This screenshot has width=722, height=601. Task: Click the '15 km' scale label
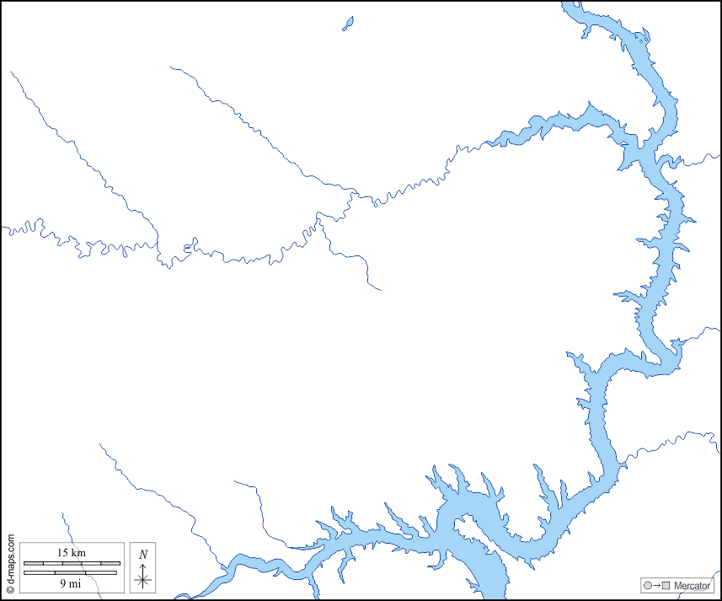pos(72,552)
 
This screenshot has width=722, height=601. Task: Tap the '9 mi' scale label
pos(72,582)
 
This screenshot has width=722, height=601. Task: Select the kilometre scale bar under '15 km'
pos(72,562)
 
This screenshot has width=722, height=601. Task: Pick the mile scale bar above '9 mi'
pos(72,572)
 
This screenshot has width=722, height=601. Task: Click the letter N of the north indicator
pos(143,555)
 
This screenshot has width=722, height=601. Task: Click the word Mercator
pos(693,586)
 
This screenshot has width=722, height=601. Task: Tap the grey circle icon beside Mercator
pos(647,586)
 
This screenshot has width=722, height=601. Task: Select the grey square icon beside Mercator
pos(666,586)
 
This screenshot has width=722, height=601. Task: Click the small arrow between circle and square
pos(656,586)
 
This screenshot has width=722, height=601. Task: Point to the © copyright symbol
pos(10,590)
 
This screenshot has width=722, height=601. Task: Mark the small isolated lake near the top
pos(348,24)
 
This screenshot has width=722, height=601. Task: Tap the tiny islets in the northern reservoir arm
pos(642,38)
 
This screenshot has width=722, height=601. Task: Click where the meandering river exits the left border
pos(3,228)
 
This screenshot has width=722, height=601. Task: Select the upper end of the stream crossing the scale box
pos(62,512)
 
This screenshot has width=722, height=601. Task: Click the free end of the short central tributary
pos(381,291)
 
